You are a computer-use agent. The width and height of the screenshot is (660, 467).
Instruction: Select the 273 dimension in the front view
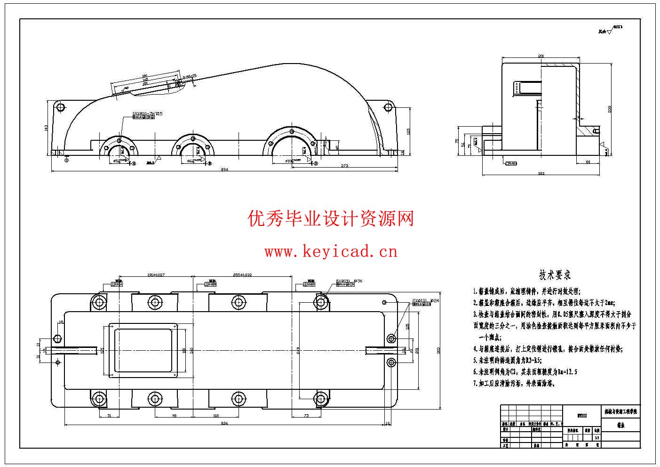click(344, 165)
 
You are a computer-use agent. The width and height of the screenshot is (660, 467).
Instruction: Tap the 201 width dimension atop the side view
click(541, 56)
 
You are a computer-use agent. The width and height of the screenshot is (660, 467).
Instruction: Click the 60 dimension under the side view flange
click(588, 162)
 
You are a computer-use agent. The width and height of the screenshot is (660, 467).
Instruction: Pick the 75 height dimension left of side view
click(457, 141)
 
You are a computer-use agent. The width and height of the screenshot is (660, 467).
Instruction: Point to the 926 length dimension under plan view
click(224, 424)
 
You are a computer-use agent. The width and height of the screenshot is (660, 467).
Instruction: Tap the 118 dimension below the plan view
click(216, 416)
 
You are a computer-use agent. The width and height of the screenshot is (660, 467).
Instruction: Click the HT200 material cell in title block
click(582, 416)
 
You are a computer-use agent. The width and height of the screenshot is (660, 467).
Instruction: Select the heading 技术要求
click(555, 275)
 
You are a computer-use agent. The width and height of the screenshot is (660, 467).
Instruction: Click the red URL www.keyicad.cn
click(331, 252)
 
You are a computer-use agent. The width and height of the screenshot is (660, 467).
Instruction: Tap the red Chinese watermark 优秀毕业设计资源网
click(331, 219)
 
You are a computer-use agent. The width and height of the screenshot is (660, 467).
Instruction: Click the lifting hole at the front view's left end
click(60, 107)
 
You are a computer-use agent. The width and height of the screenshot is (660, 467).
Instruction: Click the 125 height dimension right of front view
click(408, 130)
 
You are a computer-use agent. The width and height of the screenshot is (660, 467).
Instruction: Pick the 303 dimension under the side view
click(541, 174)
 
